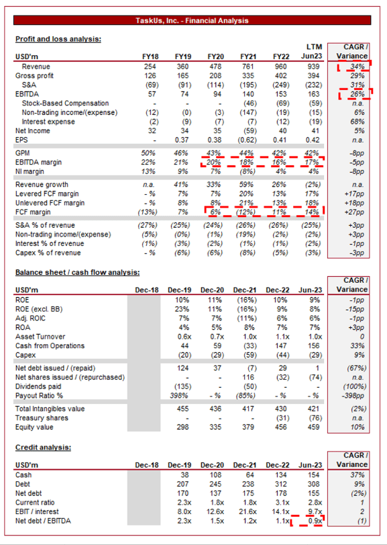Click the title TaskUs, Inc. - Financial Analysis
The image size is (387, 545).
pos(192,21)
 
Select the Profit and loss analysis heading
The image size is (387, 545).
pos(58,39)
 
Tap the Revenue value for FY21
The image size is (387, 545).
pos(248,67)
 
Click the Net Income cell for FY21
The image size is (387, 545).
pos(248,131)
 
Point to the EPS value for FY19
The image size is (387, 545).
pos(182,140)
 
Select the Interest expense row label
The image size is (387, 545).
pos(48,122)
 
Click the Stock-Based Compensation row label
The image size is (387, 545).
pos(65,103)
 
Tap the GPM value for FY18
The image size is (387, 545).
pos(148,153)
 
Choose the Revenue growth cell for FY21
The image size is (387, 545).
pos(248,185)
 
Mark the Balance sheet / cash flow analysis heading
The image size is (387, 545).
pos(77,273)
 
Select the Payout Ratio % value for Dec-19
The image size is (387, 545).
pos(179,396)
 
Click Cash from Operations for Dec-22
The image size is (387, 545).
pos(280,346)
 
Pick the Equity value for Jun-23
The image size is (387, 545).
pos(313,427)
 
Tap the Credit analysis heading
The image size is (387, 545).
pos(43,448)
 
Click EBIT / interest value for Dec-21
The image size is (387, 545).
pos(247,511)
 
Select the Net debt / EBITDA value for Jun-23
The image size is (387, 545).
pos(315,521)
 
